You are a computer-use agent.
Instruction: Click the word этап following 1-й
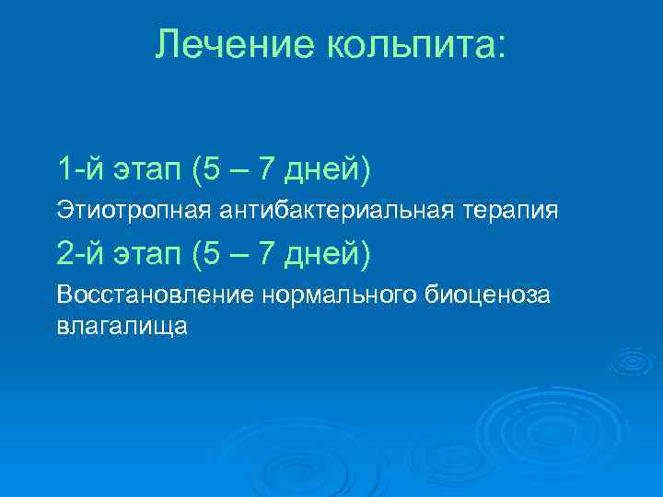click(x=150, y=169)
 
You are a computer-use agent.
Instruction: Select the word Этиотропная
click(x=134, y=211)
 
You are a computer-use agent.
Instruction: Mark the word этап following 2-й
click(x=150, y=253)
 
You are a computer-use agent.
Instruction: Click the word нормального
click(x=342, y=295)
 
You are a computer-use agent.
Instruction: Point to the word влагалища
click(x=122, y=326)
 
